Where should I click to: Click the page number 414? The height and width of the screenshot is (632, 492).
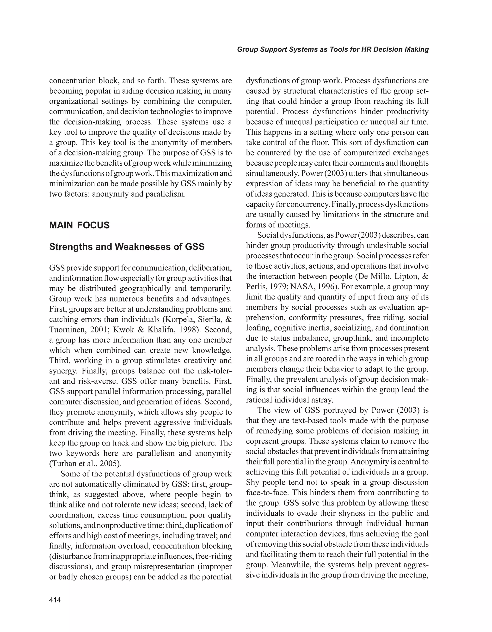(x=55, y=600)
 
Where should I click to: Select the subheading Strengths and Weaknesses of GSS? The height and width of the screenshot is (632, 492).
(x=127, y=247)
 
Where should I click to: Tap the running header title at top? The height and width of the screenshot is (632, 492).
(x=333, y=49)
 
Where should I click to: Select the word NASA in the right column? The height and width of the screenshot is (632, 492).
(x=303, y=287)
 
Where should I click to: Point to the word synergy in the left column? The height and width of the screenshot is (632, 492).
(x=62, y=371)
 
